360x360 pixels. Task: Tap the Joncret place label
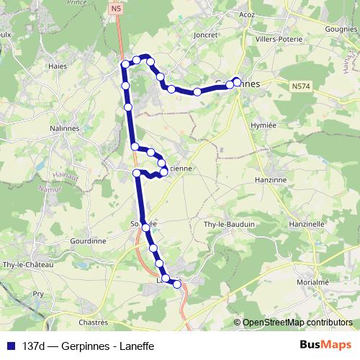tap(205, 34)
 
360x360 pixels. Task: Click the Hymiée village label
tap(262, 125)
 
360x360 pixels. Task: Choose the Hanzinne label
tap(271, 179)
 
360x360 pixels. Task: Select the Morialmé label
tap(313, 283)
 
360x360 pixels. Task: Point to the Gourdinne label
tap(89, 241)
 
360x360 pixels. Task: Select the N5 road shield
tap(117, 8)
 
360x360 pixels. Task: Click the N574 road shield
tap(302, 86)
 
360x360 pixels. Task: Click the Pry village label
tap(39, 294)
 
